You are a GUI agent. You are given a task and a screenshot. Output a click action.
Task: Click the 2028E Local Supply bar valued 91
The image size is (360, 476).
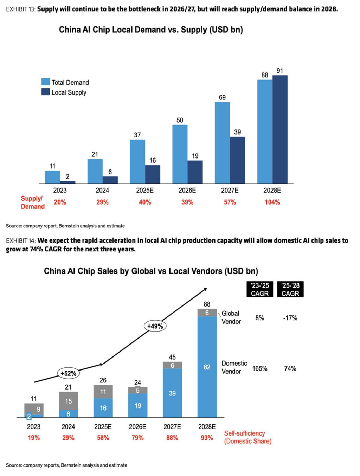(280, 129)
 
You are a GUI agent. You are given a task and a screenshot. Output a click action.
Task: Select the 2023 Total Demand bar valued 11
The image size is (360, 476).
(52, 177)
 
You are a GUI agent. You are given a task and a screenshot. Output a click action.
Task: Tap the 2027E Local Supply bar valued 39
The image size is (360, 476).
(237, 160)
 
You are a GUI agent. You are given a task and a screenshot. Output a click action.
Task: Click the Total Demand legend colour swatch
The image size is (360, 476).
(45, 82)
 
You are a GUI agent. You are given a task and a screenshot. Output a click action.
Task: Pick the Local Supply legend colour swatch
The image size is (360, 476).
(45, 92)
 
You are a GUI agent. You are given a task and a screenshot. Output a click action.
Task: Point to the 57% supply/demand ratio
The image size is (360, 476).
(230, 202)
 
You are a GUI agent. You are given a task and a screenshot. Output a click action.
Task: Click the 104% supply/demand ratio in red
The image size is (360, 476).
(272, 202)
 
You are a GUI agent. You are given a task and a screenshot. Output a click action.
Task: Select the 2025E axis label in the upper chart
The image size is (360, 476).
(145, 190)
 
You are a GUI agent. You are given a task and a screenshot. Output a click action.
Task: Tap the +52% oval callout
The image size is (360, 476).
(68, 373)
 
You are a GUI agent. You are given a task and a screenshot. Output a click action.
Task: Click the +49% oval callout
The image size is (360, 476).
(155, 326)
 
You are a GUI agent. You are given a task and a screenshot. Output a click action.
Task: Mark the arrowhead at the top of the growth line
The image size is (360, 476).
(205, 289)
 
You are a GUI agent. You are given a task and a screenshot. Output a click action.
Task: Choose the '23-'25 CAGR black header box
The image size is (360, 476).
(260, 289)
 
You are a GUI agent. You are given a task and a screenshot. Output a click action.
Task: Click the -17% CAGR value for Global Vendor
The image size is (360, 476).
(290, 318)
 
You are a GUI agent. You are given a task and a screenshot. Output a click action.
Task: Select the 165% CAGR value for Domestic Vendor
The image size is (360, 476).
(260, 368)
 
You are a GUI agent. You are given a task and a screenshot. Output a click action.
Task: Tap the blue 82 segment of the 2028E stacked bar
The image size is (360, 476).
(207, 367)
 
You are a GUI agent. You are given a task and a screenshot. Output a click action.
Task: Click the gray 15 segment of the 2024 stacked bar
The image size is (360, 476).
(68, 401)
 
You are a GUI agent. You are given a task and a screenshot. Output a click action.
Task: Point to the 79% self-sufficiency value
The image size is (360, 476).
(137, 438)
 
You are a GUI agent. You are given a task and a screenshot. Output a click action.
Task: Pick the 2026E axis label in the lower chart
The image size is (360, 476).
(137, 426)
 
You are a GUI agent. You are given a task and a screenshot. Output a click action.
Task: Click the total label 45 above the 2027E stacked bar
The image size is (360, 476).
(172, 357)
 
